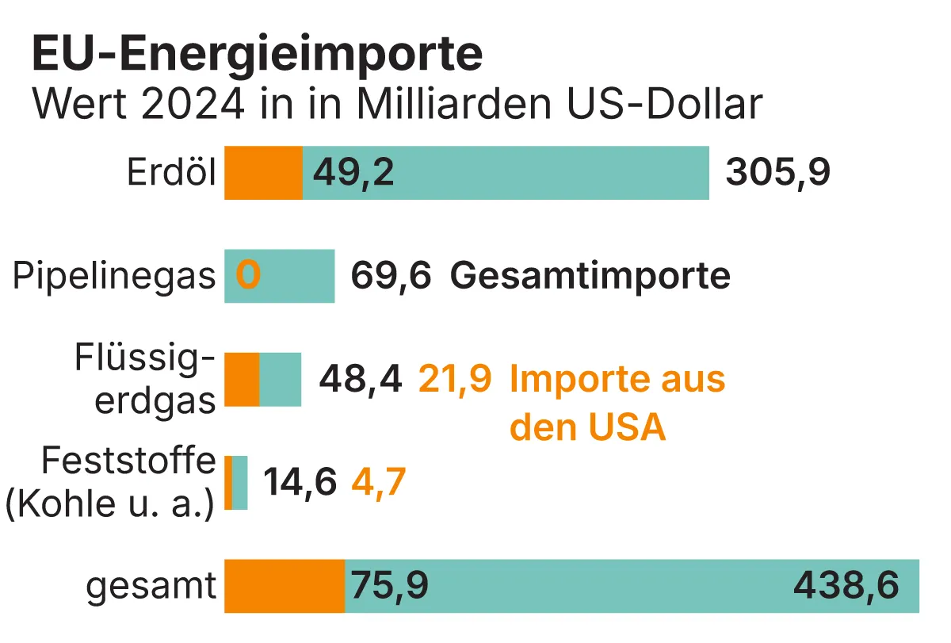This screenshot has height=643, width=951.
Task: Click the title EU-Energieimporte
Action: tap(256, 54)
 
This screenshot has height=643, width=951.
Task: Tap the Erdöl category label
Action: tap(172, 173)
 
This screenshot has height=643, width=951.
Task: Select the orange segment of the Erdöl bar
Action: tap(263, 173)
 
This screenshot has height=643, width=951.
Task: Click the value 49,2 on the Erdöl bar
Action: tap(353, 174)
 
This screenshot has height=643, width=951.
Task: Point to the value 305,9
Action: tap(777, 174)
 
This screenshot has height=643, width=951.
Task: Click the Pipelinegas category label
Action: tap(114, 277)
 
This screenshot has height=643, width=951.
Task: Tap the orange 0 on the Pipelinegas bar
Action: tap(248, 276)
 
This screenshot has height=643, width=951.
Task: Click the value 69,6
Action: tap(391, 277)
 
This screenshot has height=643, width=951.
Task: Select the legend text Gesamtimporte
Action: tap(590, 277)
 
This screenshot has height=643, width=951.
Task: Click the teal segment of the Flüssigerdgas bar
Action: tap(281, 380)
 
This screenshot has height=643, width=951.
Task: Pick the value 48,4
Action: tap(360, 380)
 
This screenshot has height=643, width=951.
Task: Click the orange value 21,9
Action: tap(454, 380)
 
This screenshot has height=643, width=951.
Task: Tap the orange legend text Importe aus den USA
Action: tap(617, 403)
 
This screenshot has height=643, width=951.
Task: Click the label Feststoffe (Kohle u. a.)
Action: tap(111, 483)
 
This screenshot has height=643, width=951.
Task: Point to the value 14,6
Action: tap(300, 483)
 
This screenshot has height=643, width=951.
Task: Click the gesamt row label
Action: tap(151, 587)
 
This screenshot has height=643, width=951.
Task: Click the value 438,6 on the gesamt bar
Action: tap(846, 587)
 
